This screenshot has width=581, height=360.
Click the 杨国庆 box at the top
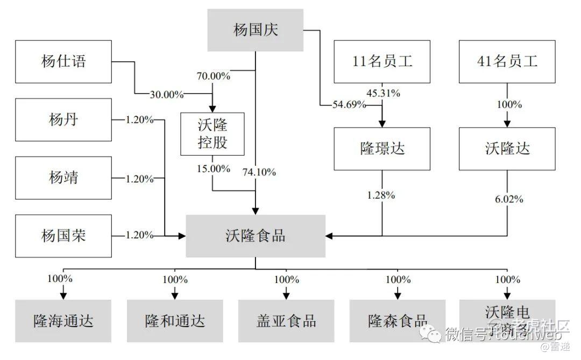256,31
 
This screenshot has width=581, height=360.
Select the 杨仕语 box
63,61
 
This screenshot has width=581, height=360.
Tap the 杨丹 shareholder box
63,119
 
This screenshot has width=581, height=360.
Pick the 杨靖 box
63,178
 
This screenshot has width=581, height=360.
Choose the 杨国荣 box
63,235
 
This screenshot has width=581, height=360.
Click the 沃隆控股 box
212,135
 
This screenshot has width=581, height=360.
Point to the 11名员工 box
382,61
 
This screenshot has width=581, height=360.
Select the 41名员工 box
507,61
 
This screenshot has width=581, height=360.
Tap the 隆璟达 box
382,149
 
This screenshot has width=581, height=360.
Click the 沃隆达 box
507,149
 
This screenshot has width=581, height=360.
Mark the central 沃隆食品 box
256,236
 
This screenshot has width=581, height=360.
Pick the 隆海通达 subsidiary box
63,321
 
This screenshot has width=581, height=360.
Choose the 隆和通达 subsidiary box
175,321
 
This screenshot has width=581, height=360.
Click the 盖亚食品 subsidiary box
286,321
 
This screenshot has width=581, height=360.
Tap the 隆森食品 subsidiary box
398,321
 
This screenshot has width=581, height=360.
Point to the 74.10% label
259,172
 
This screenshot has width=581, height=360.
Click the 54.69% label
349,105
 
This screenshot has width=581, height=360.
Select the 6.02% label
508,199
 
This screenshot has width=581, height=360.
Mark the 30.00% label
167,95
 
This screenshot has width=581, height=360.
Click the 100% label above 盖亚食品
286,280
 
